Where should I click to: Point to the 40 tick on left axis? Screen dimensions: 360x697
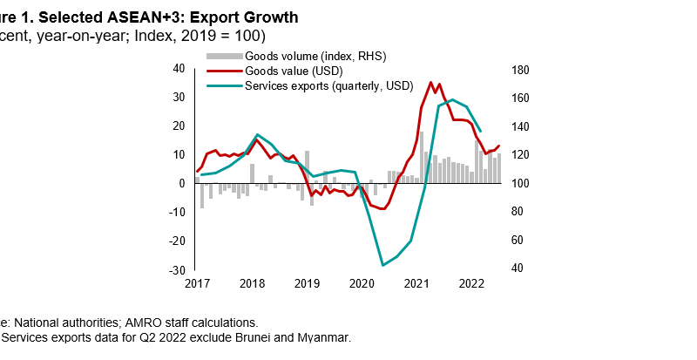click(180, 68)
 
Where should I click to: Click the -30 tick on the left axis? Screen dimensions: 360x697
click(179, 269)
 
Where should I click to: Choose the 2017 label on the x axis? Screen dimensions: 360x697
click(197, 283)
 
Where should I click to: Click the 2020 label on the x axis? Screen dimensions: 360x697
click(362, 283)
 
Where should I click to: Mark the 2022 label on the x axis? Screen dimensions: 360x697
click(471, 283)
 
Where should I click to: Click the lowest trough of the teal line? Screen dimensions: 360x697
click(382, 265)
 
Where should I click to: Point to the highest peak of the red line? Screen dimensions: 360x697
click(430, 83)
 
